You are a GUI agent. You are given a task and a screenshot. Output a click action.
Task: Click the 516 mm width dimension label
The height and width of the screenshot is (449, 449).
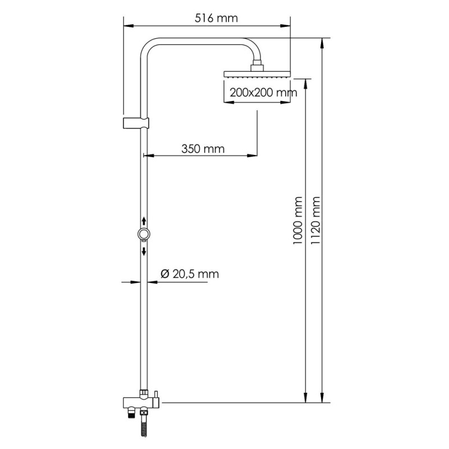216,17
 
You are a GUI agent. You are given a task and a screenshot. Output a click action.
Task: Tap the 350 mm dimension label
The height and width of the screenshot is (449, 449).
203,149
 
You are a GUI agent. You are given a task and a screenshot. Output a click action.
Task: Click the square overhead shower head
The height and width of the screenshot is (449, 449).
257,74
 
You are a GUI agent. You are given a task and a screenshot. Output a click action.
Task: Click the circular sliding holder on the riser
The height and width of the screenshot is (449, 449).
144,234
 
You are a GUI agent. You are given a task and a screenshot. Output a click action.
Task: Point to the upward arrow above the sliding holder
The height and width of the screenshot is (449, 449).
144,220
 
